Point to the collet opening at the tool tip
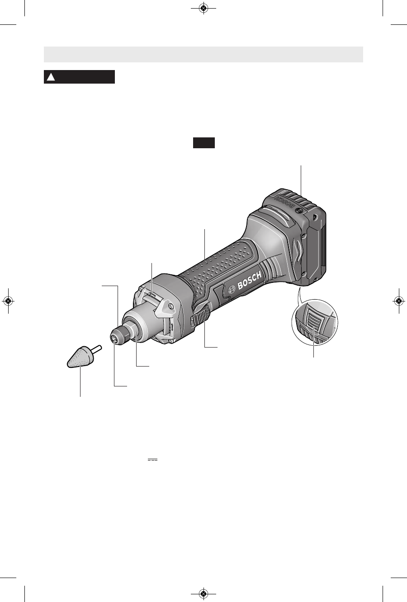114,339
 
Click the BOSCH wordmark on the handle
249,280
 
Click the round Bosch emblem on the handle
232,289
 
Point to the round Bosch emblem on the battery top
298,211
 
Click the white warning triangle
51,77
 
